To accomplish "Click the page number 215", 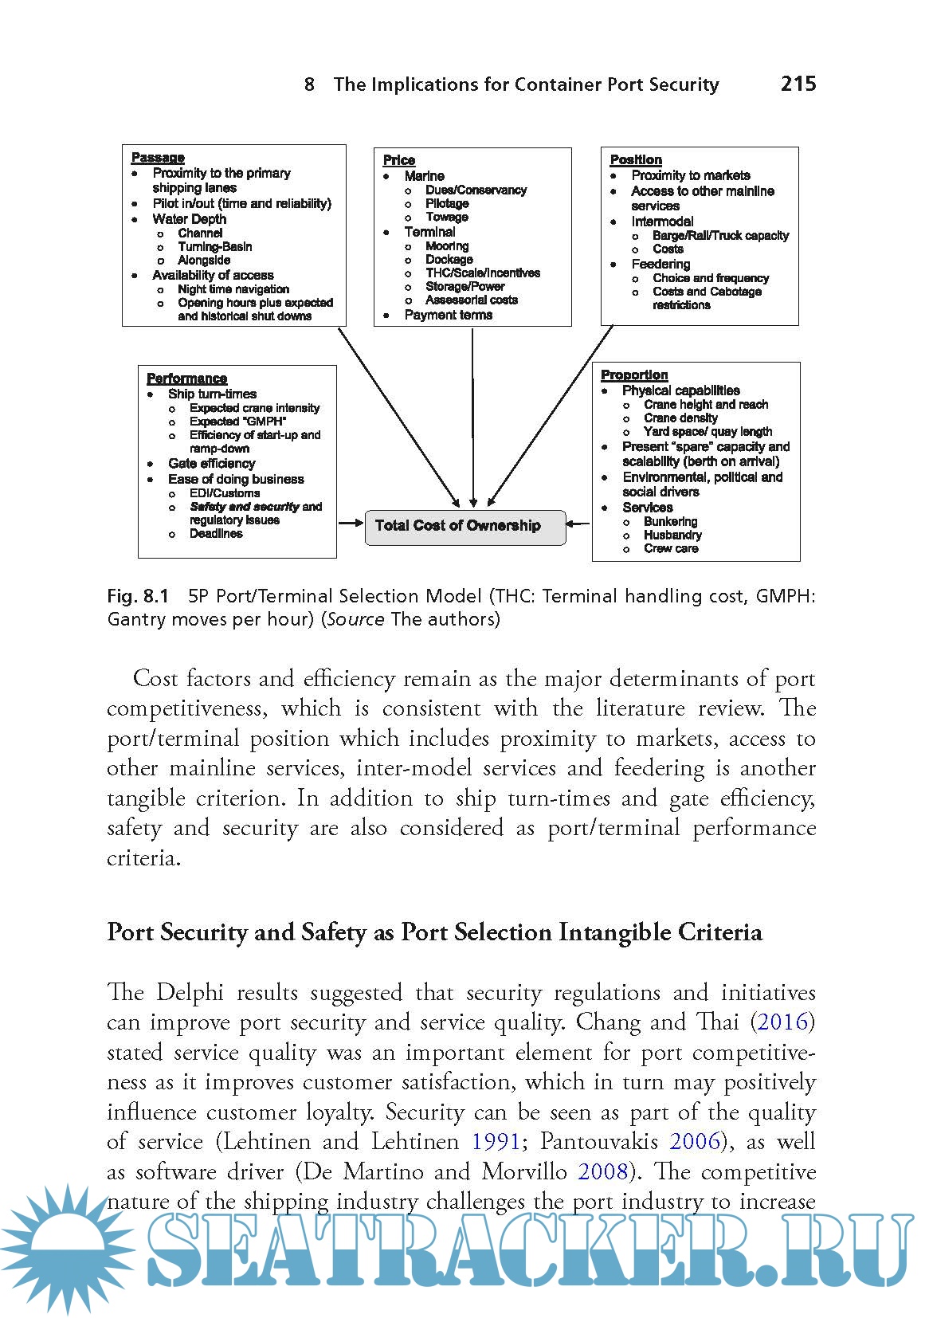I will (x=798, y=84).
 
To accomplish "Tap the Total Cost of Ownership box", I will (x=464, y=526).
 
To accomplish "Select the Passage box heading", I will (x=158, y=158).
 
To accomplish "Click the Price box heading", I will (x=399, y=160).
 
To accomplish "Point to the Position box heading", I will (x=636, y=159).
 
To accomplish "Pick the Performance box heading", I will (x=186, y=379).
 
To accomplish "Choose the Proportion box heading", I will (x=634, y=375).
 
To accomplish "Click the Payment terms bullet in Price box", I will (x=448, y=315).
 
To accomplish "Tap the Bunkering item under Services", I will (x=670, y=521).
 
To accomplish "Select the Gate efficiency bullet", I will (x=211, y=463).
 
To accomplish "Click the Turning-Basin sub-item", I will (x=214, y=246).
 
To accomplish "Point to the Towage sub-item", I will (x=446, y=217).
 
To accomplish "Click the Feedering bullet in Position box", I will (x=660, y=264).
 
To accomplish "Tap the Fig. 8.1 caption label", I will (x=139, y=596).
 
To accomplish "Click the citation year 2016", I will (x=783, y=1022).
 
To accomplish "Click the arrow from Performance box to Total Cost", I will (x=351, y=524).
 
